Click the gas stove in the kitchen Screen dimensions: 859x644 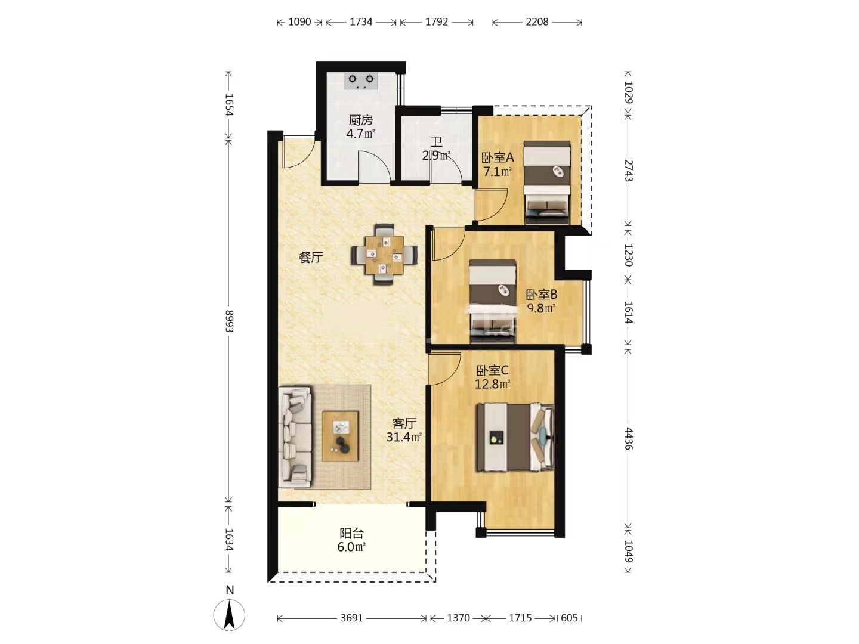361,81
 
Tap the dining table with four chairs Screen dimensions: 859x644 384,254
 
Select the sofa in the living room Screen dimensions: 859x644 295,437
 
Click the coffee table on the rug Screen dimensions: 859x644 339,436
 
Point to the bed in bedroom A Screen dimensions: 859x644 546,182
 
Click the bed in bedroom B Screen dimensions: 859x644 492,301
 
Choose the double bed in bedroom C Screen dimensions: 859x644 515,437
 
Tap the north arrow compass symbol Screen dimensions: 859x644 229,615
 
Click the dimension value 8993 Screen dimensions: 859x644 229,321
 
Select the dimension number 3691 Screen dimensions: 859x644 351,618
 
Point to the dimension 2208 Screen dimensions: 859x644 537,22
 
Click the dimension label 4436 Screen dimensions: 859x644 628,438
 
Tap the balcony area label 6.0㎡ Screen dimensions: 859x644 351,547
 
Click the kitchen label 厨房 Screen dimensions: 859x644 360,120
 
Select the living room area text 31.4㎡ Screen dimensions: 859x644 404,436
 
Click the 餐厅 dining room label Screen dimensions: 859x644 311,257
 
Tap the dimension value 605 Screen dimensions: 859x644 569,618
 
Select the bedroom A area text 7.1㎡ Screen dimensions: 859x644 498,171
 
